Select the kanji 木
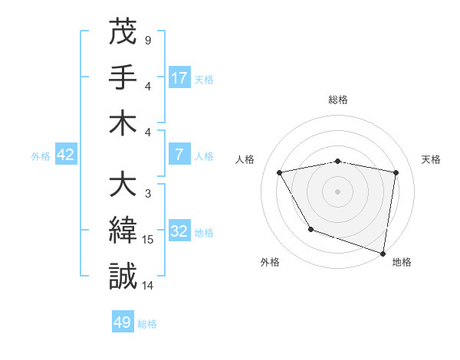(x=123, y=123)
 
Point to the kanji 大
(x=123, y=186)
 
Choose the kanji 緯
(x=123, y=231)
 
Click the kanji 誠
(x=123, y=276)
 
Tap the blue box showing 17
(x=179, y=77)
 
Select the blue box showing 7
(x=179, y=155)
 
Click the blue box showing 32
(x=179, y=231)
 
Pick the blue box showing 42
(x=66, y=155)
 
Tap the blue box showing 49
(x=123, y=322)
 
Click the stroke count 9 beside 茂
(x=147, y=40)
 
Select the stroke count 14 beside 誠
(x=148, y=285)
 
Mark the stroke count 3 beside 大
(x=147, y=194)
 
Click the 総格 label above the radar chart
(x=338, y=100)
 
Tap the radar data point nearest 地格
(x=383, y=253)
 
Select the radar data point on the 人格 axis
(x=280, y=173)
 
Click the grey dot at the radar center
(x=338, y=191)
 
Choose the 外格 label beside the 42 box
(x=41, y=155)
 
